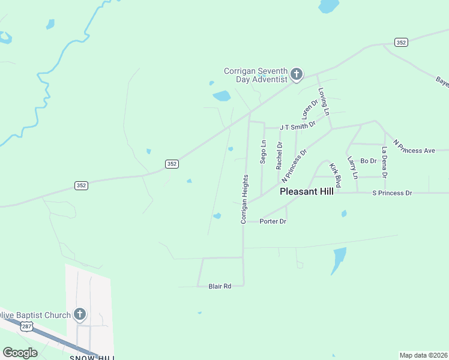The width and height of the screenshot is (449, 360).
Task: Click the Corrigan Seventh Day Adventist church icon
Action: [x=296, y=75]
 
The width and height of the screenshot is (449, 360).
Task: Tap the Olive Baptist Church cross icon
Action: [x=79, y=314]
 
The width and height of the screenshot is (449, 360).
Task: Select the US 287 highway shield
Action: [x=26, y=326]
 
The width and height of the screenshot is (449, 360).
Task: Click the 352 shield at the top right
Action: [x=401, y=42]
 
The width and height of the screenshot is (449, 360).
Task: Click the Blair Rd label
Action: [x=220, y=287]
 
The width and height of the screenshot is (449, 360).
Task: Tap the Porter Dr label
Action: [x=273, y=221]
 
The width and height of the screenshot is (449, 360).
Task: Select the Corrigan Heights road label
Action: [x=244, y=199]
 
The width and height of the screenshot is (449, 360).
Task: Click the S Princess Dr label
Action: [x=392, y=193]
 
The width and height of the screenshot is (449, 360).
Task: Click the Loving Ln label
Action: [x=324, y=102]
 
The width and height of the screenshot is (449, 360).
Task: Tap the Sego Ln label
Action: [x=263, y=152]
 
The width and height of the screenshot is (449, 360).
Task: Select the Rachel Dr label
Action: [x=279, y=155]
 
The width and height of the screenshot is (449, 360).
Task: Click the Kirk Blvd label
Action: [x=334, y=169]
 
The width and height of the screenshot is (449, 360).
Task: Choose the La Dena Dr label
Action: [x=384, y=161]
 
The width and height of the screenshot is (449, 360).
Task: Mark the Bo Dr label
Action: [x=368, y=161]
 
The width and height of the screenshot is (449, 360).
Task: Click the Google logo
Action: [x=20, y=353]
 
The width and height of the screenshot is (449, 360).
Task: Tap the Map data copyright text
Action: [x=423, y=355]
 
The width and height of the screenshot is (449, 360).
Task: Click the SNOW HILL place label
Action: [x=91, y=358]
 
